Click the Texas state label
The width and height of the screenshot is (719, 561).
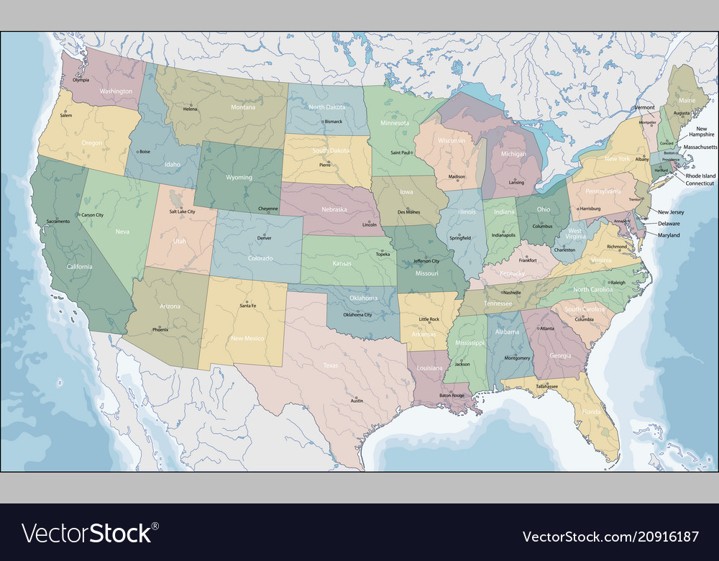coord(330,365)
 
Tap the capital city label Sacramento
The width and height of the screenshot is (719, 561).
coord(58,222)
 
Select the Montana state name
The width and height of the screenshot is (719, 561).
coord(242,107)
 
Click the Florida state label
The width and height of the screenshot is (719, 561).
coord(591,412)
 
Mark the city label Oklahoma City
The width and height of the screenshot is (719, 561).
coord(357,315)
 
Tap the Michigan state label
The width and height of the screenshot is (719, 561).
coord(513,154)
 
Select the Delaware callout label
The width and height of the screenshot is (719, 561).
coord(669,224)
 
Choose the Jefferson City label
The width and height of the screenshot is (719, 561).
coord(426,261)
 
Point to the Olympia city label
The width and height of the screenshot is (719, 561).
coord(81,80)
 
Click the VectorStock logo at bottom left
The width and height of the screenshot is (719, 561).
coord(87,534)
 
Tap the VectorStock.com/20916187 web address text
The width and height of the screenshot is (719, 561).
coord(610,537)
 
